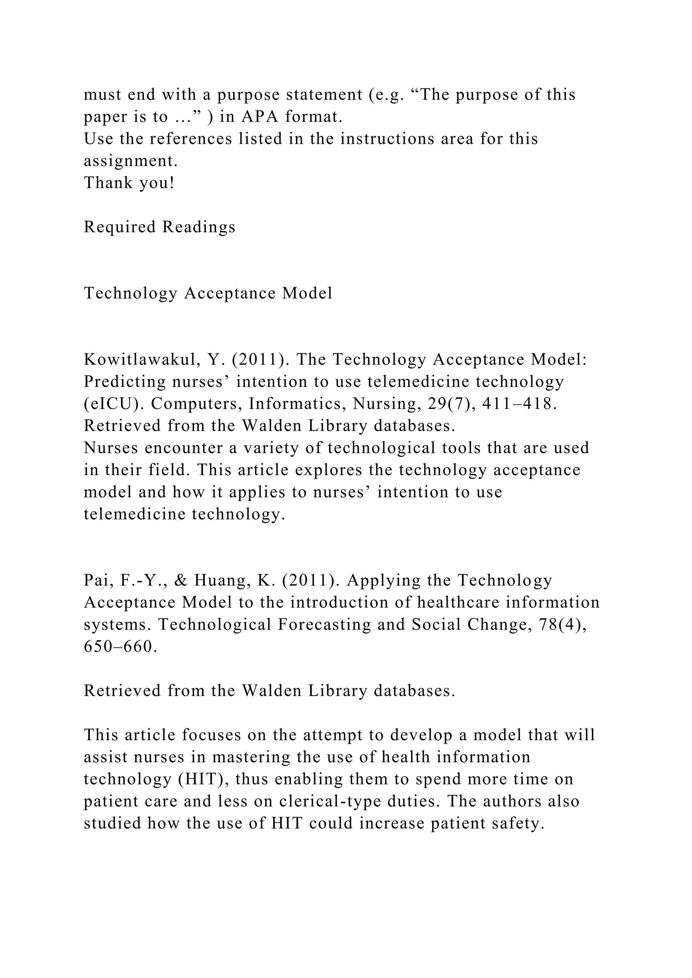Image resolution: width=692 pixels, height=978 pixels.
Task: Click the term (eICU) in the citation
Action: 114,404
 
